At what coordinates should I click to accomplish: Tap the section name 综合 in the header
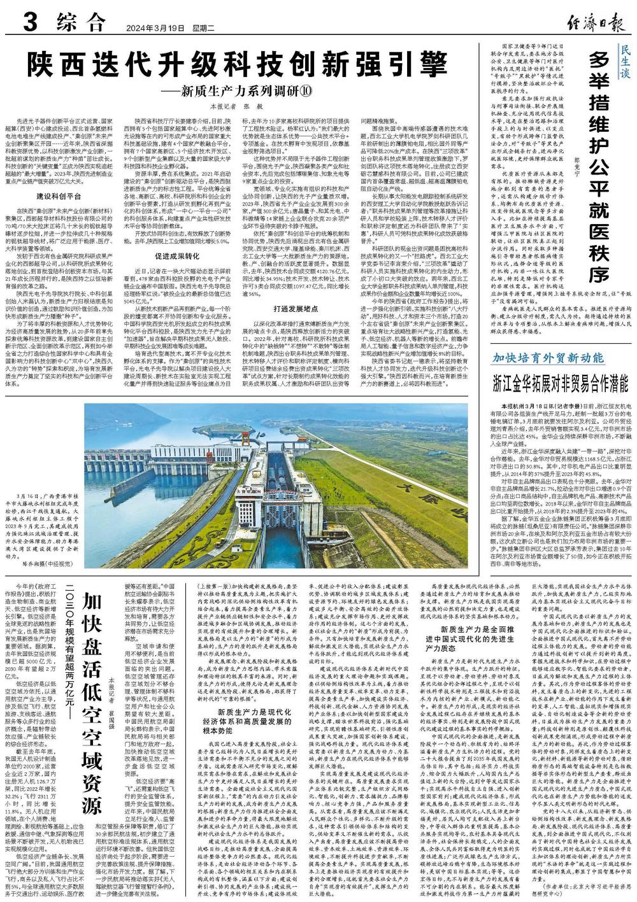(80, 24)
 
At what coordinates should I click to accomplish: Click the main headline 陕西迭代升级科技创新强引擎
(241, 65)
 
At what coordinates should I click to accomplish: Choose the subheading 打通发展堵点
(295, 307)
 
